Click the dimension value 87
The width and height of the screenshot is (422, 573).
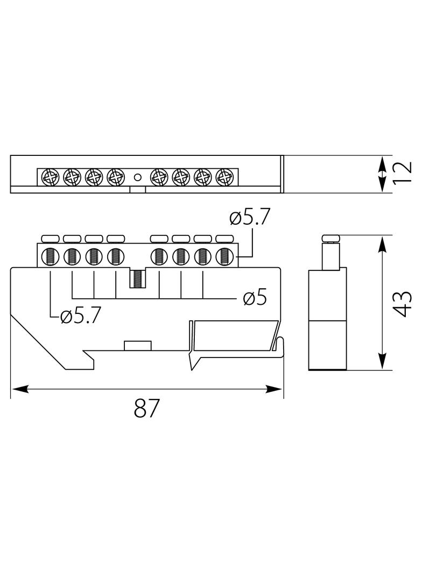tap(147, 408)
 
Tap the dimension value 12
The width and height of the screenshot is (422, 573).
tap(403, 172)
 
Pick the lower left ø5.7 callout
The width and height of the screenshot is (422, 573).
tap(80, 316)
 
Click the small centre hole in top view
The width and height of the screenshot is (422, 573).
tap(138, 177)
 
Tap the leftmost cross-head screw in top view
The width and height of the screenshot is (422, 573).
tap(51, 177)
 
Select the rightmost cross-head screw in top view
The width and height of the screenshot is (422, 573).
tap(224, 177)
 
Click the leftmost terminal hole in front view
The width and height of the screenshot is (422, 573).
tap(51, 256)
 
